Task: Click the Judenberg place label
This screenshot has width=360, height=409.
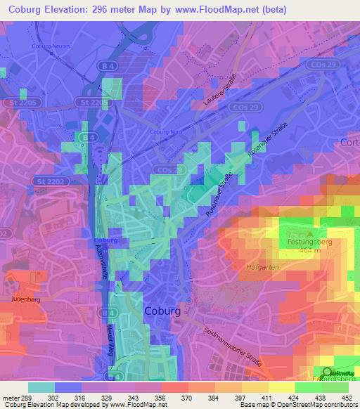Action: click(x=25, y=299)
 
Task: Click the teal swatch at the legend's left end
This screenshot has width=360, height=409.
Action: click(x=41, y=387)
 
